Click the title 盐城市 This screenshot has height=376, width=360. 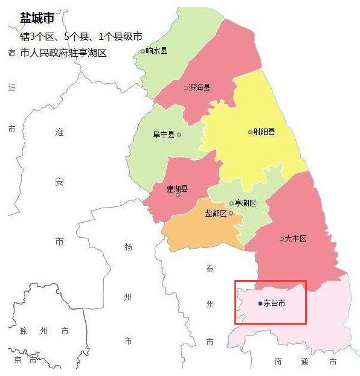37,18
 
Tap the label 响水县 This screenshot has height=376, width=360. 157,51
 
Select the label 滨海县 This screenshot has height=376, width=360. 200,88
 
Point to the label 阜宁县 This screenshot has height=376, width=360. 163,135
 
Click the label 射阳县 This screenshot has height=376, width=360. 265,132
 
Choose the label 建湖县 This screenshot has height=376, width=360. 177,188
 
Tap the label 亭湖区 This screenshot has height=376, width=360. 246,203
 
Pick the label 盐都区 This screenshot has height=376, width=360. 216,213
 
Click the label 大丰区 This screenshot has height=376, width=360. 296,239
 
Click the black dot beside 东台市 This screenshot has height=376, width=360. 260,303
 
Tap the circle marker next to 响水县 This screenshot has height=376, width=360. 143,51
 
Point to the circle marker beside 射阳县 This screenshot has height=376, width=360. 250,132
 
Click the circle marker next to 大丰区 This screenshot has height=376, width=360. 281,239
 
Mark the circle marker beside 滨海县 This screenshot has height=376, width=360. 186,88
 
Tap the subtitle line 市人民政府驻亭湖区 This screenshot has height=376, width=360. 63,53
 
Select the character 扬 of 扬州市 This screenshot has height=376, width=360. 127,247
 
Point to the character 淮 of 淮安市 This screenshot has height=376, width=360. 59,132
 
